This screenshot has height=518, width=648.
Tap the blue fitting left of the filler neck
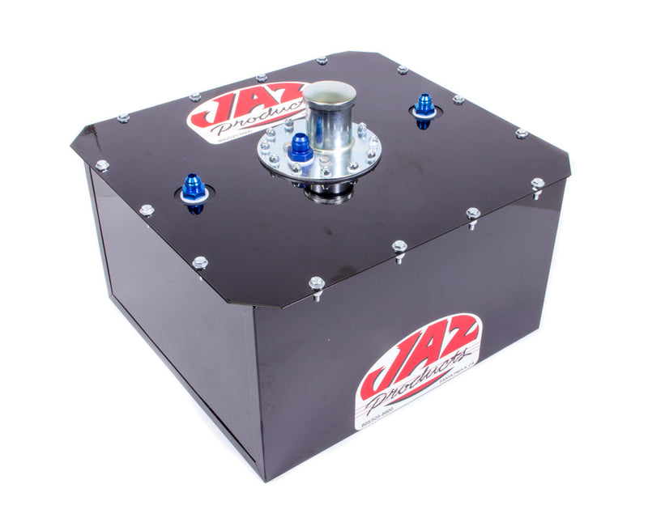(x=194, y=188)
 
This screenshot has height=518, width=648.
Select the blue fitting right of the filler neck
(x=424, y=106)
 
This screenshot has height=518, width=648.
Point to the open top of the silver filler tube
(x=329, y=91)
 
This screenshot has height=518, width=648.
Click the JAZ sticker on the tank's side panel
(x=418, y=369)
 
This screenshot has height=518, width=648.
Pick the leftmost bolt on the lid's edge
(x=102, y=166)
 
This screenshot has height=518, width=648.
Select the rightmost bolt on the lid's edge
(x=538, y=185)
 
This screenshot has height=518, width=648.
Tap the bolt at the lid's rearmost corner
(x=322, y=61)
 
